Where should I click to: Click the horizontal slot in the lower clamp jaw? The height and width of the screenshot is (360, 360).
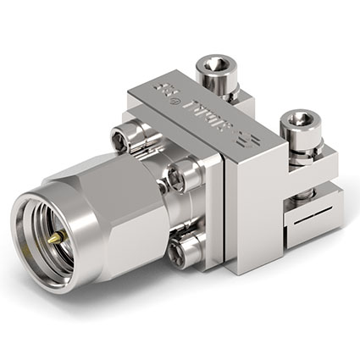305,225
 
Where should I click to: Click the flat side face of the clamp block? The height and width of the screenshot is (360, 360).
254,220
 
